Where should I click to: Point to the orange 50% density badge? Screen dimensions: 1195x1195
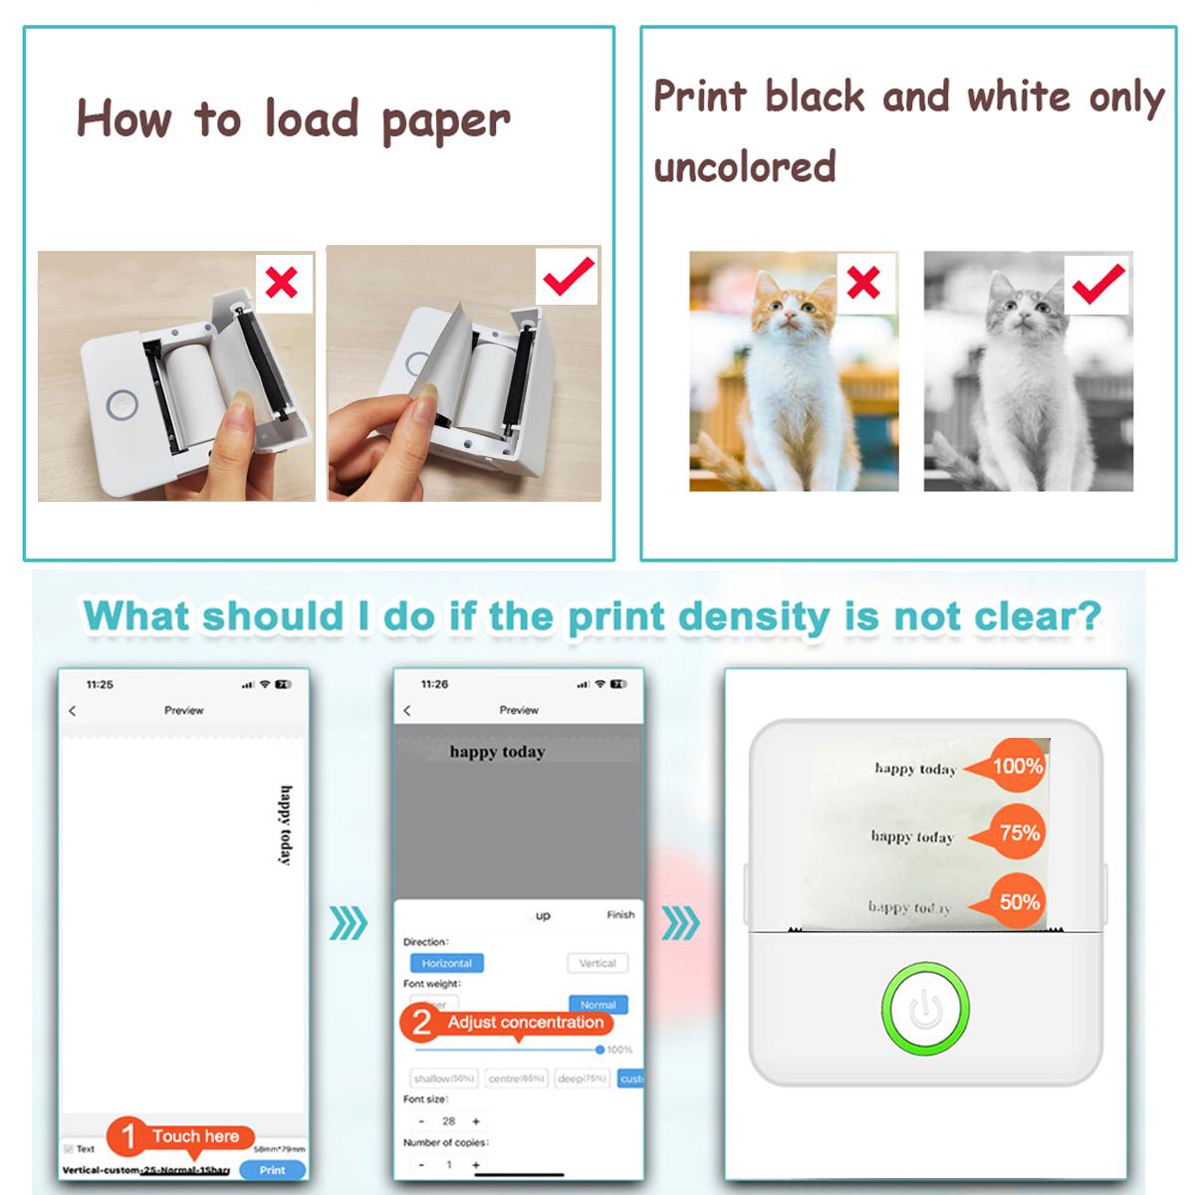coord(1018,902)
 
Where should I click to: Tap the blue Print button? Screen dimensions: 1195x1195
coord(272,1170)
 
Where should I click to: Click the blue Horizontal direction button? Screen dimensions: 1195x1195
coord(446,963)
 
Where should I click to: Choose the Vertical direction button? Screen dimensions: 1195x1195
coord(597,963)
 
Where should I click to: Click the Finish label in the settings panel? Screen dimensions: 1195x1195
coord(620,914)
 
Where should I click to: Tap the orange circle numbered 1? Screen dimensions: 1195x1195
coord(128,1136)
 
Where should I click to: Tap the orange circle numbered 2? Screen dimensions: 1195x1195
coord(421,1023)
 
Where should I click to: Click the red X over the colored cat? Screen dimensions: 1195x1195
coord(863,284)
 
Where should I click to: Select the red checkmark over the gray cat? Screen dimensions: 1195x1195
coord(1098,284)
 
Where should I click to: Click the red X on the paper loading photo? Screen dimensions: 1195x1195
coord(283,283)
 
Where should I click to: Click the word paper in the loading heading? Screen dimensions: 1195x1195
coord(445,121)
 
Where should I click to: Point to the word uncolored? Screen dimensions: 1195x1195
coord(745,167)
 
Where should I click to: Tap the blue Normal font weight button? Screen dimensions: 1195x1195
coord(598,1005)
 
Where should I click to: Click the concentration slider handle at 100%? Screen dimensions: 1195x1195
coord(599,1050)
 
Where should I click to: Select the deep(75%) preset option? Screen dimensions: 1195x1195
coord(583,1078)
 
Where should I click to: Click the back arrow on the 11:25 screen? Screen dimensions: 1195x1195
coord(73,710)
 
